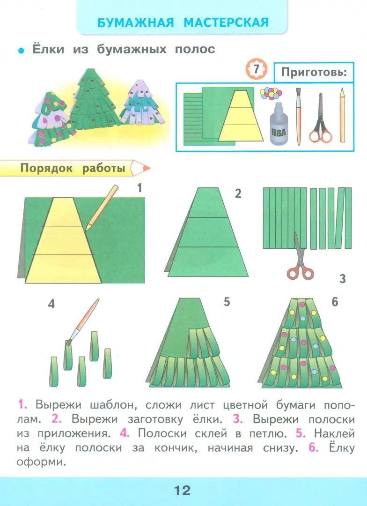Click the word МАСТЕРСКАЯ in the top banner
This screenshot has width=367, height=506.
[226, 23]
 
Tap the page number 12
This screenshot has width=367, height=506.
[183, 491]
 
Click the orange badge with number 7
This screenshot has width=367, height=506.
[256, 69]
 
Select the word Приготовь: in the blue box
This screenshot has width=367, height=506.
[314, 72]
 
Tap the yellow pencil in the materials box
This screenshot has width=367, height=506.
[342, 115]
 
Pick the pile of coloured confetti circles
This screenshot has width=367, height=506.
[271, 94]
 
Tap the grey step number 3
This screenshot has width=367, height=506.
[343, 278]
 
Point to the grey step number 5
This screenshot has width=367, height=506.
[227, 302]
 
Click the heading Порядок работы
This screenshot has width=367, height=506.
[73, 169]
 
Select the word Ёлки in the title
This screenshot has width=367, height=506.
[48, 50]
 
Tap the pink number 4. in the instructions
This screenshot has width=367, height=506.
[125, 433]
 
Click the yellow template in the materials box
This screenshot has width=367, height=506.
[241, 116]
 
